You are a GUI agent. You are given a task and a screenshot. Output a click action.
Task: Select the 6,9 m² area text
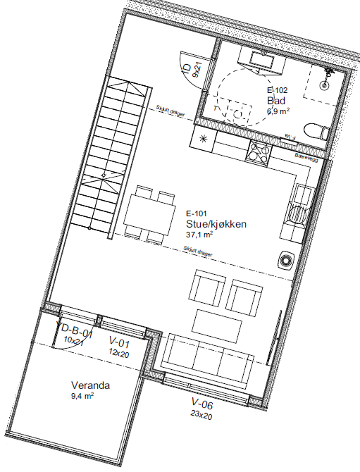point(278,111)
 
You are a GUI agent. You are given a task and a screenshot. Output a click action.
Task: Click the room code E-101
point(197,213)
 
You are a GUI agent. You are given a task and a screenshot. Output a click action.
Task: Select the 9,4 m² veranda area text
point(83,397)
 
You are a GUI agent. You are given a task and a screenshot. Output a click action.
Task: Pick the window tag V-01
point(120,343)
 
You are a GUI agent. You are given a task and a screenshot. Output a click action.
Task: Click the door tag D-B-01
point(75,330)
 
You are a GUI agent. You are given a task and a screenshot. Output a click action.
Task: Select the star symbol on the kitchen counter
point(204,138)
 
